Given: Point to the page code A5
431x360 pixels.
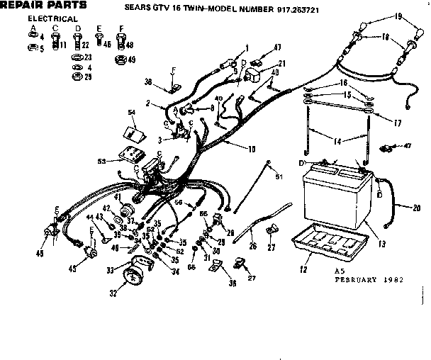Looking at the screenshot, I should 337,271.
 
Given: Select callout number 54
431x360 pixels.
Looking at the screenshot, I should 131,113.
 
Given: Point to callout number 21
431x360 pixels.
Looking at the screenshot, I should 262,63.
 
